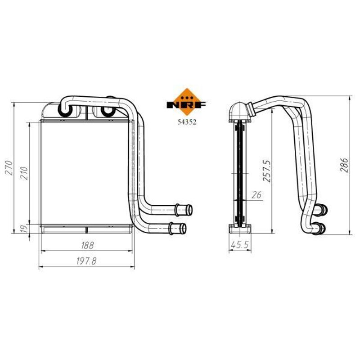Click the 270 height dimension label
(9, 168)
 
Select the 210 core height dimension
(24, 173)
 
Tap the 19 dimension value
(24, 229)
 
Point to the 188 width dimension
(87, 245)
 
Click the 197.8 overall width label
(86, 261)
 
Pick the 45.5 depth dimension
(240, 245)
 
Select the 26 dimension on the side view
(256, 195)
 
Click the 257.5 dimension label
(267, 171)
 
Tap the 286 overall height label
(344, 165)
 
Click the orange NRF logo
(187, 102)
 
